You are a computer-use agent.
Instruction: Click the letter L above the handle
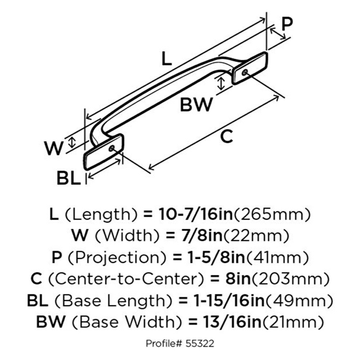167,58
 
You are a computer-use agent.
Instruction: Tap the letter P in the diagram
287,24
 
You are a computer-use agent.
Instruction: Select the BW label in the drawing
196,105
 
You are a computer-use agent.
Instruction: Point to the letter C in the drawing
226,136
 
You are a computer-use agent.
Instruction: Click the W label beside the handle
54,148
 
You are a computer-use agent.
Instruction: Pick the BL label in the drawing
69,178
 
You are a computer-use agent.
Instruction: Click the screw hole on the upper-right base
245,72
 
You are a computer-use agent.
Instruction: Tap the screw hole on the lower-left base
112,148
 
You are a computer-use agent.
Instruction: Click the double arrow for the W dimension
72,142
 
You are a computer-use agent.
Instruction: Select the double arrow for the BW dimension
221,84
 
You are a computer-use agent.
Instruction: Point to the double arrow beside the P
278,34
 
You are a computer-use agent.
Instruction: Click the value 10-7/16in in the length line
196,214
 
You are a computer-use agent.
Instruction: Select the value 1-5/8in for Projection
216,257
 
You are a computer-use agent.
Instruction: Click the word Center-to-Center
126,279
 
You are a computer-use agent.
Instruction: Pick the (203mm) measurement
291,279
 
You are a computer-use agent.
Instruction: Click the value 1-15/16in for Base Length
229,301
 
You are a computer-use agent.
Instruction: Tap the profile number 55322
200,344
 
